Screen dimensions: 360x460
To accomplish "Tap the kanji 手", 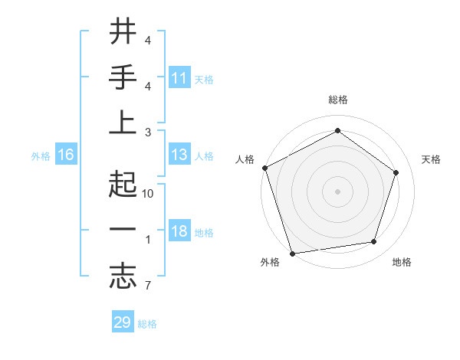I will click(123, 78).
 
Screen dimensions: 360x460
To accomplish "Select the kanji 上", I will click(123, 123).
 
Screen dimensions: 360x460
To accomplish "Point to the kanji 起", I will click(123, 185).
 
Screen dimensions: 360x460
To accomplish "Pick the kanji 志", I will click(123, 277).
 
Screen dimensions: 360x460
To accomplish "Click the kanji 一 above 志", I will click(123, 231).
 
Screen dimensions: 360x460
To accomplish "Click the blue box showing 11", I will click(179, 78).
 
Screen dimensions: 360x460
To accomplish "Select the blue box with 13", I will click(179, 155).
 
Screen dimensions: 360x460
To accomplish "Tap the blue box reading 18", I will click(179, 232).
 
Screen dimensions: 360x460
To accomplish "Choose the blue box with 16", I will click(66, 155).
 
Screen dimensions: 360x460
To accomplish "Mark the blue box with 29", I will click(123, 322).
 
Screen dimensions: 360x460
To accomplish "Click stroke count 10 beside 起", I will click(149, 194).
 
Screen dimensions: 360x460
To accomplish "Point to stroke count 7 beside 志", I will click(147, 286).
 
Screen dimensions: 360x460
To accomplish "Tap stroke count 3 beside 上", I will click(147, 132).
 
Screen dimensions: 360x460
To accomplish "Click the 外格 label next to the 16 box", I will click(41, 156).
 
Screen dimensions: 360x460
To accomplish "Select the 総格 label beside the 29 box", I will click(147, 324).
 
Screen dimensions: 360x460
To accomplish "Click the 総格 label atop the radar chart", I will click(337, 100).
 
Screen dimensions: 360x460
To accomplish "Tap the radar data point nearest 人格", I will click(264, 167).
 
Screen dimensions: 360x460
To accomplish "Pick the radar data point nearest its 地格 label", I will click(374, 242).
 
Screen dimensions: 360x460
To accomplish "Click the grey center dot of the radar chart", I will click(337, 191).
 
